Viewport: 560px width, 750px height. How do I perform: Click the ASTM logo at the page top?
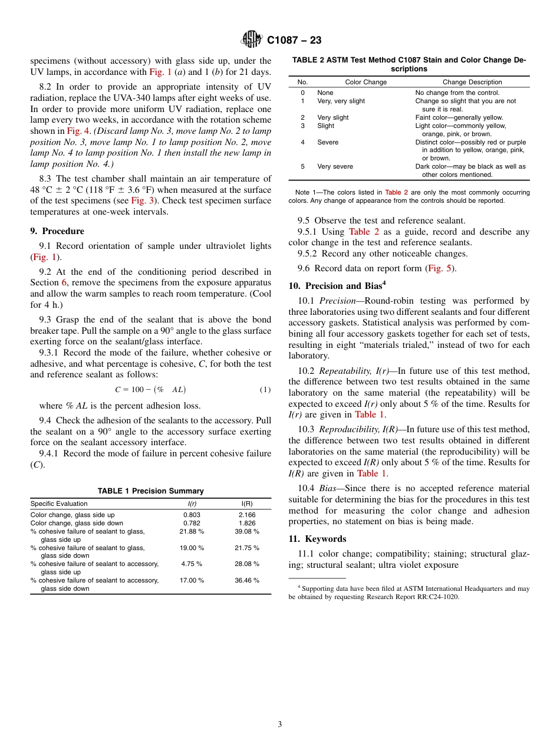click(x=252, y=40)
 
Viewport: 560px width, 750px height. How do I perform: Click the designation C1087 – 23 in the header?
click(x=294, y=41)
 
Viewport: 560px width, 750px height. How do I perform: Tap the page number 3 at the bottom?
click(x=280, y=724)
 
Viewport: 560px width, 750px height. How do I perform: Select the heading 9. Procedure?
click(x=57, y=231)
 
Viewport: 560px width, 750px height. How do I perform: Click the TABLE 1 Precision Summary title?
click(x=150, y=491)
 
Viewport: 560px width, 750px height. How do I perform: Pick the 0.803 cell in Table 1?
click(x=192, y=515)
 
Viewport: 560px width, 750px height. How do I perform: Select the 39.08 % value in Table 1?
click(x=247, y=531)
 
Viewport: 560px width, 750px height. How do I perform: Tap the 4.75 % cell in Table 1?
click(x=192, y=564)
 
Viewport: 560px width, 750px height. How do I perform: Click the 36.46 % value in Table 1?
click(x=247, y=580)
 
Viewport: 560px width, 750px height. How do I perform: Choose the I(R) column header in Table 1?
click(x=247, y=504)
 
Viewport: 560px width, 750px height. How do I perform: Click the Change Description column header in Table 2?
click(x=472, y=82)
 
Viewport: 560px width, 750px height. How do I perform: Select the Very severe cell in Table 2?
click(x=335, y=166)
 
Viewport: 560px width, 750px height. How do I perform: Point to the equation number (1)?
click(x=265, y=390)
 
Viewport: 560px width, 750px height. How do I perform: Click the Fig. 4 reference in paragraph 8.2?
click(x=78, y=131)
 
